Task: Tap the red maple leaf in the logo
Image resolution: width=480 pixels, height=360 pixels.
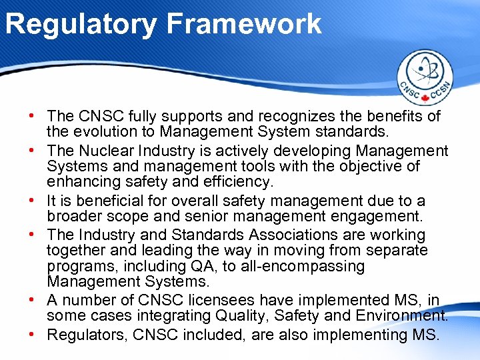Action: (425, 99)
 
